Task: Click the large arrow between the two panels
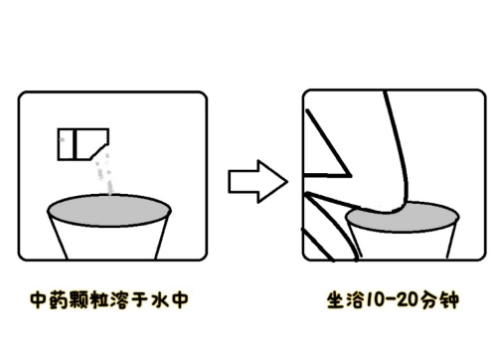257,181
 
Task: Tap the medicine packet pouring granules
83,144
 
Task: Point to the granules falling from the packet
104,174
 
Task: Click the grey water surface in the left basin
109,211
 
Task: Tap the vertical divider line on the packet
75,144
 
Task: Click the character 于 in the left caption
139,299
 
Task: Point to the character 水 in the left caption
160,299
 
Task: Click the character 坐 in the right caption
336,300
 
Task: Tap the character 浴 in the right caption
355,300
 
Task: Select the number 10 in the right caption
374,300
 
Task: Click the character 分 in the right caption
428,300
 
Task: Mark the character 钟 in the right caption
449,300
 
